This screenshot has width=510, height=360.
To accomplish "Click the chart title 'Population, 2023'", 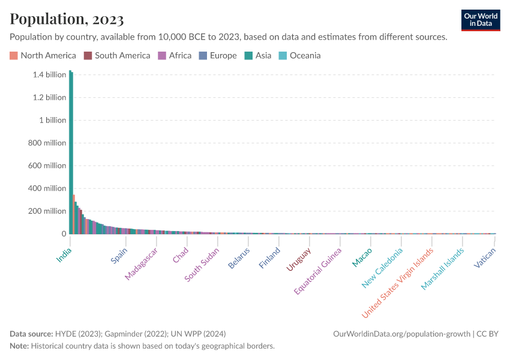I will pyautogui.click(x=67, y=19).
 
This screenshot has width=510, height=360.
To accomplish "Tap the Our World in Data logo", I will pyautogui.click(x=480, y=20).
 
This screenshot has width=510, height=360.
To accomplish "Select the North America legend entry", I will pyautogui.click(x=43, y=56).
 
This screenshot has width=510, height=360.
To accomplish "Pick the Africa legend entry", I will pyautogui.click(x=175, y=56).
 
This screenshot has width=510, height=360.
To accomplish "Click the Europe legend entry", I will pyautogui.click(x=217, y=56).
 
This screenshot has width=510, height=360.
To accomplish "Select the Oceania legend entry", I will pyautogui.click(x=299, y=56).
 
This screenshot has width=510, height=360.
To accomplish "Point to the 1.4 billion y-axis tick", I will pyautogui.click(x=46, y=75).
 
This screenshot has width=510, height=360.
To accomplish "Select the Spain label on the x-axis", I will pyautogui.click(x=119, y=256).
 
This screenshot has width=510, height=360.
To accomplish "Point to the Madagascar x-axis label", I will pyautogui.click(x=142, y=264).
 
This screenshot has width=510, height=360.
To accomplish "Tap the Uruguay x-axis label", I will pyautogui.click(x=299, y=259).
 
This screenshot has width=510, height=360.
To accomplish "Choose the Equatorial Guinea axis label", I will pyautogui.click(x=318, y=271).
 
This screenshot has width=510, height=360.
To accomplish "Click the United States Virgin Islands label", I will pyautogui.click(x=397, y=283).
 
